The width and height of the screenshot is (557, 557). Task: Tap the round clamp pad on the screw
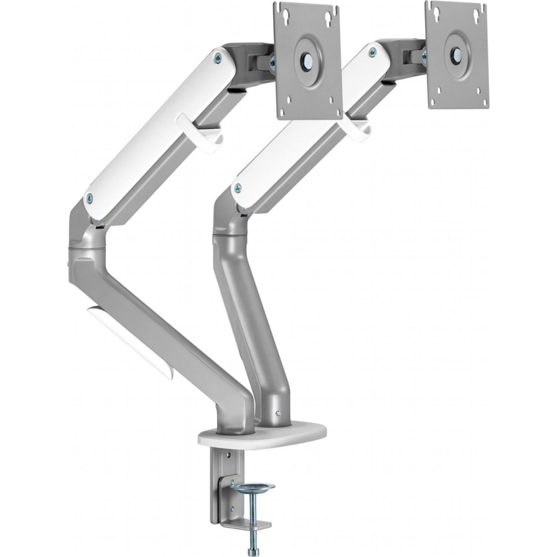[x=252, y=486]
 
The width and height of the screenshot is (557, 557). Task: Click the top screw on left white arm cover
[x=218, y=58]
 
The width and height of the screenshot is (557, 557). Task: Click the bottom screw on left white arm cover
[x=90, y=197]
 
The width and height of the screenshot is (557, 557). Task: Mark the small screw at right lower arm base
[x=278, y=414]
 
